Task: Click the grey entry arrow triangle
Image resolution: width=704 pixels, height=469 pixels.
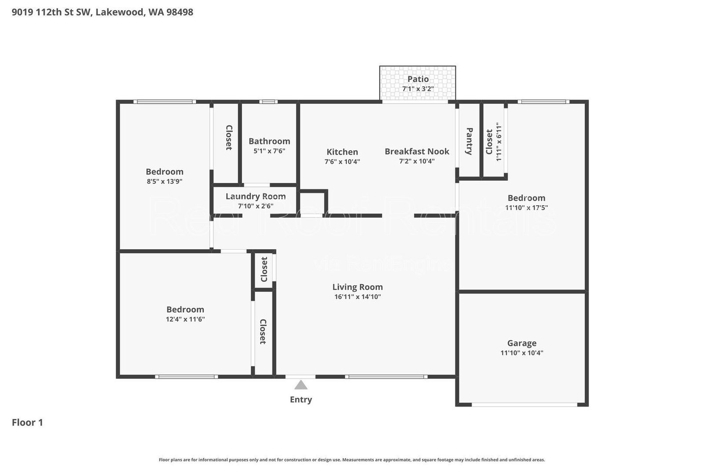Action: pos(301,385)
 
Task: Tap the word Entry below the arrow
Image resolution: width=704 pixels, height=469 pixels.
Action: pos(301,400)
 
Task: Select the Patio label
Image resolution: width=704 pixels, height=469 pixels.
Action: pos(418,79)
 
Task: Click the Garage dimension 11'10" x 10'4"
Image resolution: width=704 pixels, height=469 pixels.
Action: pos(522,353)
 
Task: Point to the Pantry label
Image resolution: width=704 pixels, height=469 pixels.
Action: pos(469,141)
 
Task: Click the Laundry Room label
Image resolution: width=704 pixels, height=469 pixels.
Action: pos(256,196)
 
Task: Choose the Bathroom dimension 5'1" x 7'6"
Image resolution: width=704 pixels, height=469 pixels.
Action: pos(269,151)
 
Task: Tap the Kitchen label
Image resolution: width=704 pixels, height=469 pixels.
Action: pos(342,152)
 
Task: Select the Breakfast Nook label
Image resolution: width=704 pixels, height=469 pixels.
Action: pos(417,152)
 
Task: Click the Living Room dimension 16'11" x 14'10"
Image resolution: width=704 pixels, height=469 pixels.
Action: pos(358,297)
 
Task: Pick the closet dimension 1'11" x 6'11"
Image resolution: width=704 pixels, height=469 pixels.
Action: pos(499,142)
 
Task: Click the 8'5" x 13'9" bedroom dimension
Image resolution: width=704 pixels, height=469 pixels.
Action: pos(165,181)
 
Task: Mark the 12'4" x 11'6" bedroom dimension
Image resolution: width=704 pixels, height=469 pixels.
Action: pos(185,320)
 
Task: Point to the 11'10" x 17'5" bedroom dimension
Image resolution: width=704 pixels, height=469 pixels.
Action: pos(527,207)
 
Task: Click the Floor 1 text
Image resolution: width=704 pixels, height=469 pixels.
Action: pos(27,423)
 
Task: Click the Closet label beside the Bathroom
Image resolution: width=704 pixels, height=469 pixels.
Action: pos(229,138)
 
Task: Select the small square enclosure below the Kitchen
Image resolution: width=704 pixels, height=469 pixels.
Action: pos(313,203)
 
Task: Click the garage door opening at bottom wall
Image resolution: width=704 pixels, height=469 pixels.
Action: pos(524,404)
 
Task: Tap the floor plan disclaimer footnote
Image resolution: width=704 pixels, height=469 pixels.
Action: pos(352,460)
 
